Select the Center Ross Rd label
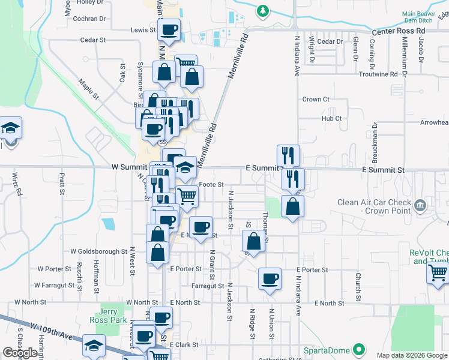(x=398, y=31)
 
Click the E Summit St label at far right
(x=383, y=170)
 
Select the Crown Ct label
(x=316, y=100)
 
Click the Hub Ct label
(x=331, y=119)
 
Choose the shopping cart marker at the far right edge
(x=438, y=273)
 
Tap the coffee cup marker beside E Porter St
(x=270, y=278)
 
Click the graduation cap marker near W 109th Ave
(x=93, y=346)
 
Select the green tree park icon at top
(x=262, y=11)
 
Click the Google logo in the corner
(x=20, y=353)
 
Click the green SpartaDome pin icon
(x=360, y=349)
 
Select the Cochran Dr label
(x=88, y=19)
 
